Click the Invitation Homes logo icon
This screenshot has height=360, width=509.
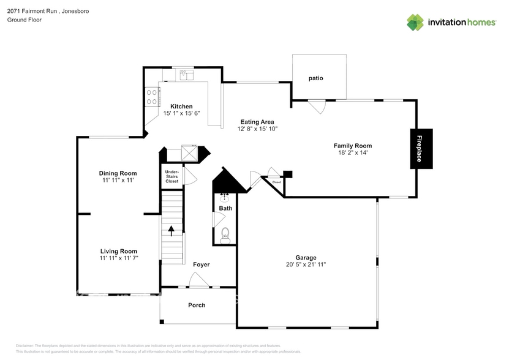click(x=415, y=22)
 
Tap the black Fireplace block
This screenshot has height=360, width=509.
click(x=421, y=148)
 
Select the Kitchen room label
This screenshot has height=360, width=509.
click(x=181, y=107)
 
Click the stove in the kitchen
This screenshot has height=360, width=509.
click(x=152, y=96)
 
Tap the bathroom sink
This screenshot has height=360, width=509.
click(x=225, y=197)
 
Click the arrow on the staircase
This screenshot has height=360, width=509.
click(x=172, y=231)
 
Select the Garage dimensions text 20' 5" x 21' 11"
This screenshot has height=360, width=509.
click(x=306, y=264)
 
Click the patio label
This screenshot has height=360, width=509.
click(x=315, y=78)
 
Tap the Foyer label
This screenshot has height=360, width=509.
click(x=201, y=264)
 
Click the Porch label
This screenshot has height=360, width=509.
click(x=197, y=305)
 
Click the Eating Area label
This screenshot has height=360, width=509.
click(x=257, y=122)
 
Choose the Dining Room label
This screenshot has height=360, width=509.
click(x=118, y=173)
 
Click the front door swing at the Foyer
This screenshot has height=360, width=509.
click(x=198, y=280)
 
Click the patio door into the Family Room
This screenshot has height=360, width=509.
click(x=317, y=107)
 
